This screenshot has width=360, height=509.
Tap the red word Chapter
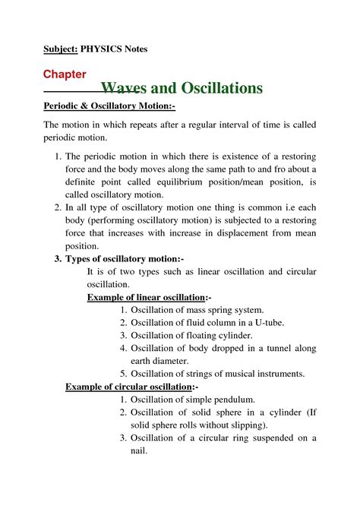64,74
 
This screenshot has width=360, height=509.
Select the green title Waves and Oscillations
182,88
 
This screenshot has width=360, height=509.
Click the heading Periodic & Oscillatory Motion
109,106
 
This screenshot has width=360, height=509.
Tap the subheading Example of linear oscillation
148,296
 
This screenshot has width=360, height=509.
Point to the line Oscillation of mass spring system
197,309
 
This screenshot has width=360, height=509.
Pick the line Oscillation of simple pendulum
193,399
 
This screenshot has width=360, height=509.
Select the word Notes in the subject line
137,49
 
